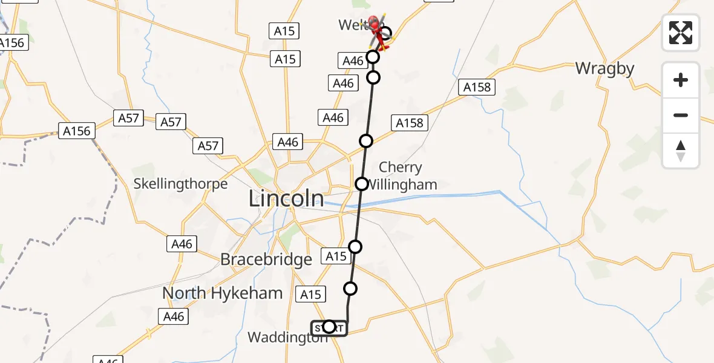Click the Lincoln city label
[x=286, y=198]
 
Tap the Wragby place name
[x=604, y=68]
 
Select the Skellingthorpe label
[x=181, y=184]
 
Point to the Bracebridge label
[x=266, y=260]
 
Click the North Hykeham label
[x=222, y=293]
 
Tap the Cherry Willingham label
[x=400, y=175]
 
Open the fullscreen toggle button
[x=681, y=32]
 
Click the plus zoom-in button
[x=681, y=80]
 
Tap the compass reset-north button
[x=681, y=151]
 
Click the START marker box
[x=329, y=327]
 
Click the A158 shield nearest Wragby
[x=477, y=87]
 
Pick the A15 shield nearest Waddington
[x=311, y=295]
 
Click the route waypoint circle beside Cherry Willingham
[x=362, y=183]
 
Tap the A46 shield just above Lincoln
[x=288, y=142]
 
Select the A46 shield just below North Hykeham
[x=172, y=316]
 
